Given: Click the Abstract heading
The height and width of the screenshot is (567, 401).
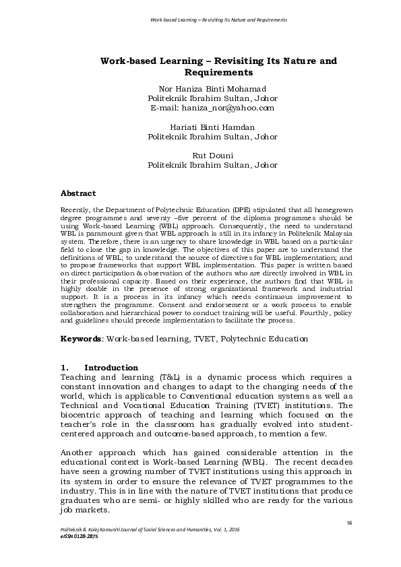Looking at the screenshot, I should [x=78, y=193].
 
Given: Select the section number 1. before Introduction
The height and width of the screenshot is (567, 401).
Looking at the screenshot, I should [x=65, y=368].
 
